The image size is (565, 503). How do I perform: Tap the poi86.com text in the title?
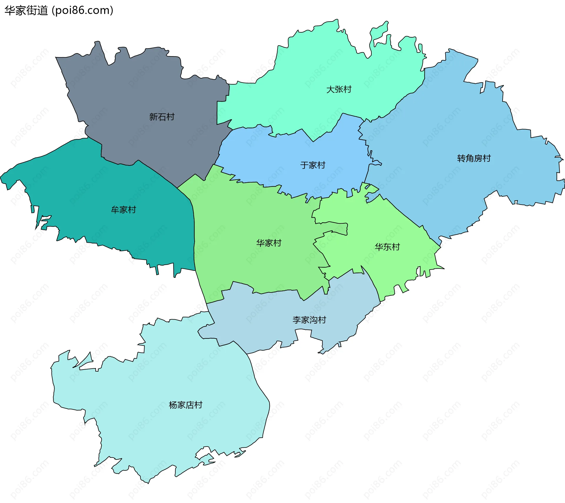click(82, 11)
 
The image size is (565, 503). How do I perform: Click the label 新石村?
click(162, 117)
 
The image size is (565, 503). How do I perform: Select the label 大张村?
click(339, 89)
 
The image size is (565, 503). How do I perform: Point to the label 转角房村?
click(474, 158)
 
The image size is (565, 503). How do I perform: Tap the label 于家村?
click(313, 165)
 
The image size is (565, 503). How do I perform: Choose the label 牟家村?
click(123, 210)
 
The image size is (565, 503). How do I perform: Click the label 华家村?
click(269, 243)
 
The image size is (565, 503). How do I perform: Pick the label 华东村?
click(387, 247)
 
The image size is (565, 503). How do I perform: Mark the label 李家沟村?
click(309, 320)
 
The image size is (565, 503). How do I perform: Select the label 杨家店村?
click(185, 405)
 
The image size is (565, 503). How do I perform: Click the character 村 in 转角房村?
click(487, 158)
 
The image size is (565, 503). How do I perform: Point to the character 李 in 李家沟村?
click(297, 320)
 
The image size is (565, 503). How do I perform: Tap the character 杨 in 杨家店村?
click(173, 405)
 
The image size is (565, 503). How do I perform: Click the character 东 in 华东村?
click(387, 247)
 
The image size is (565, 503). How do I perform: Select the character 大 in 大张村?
click(330, 89)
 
